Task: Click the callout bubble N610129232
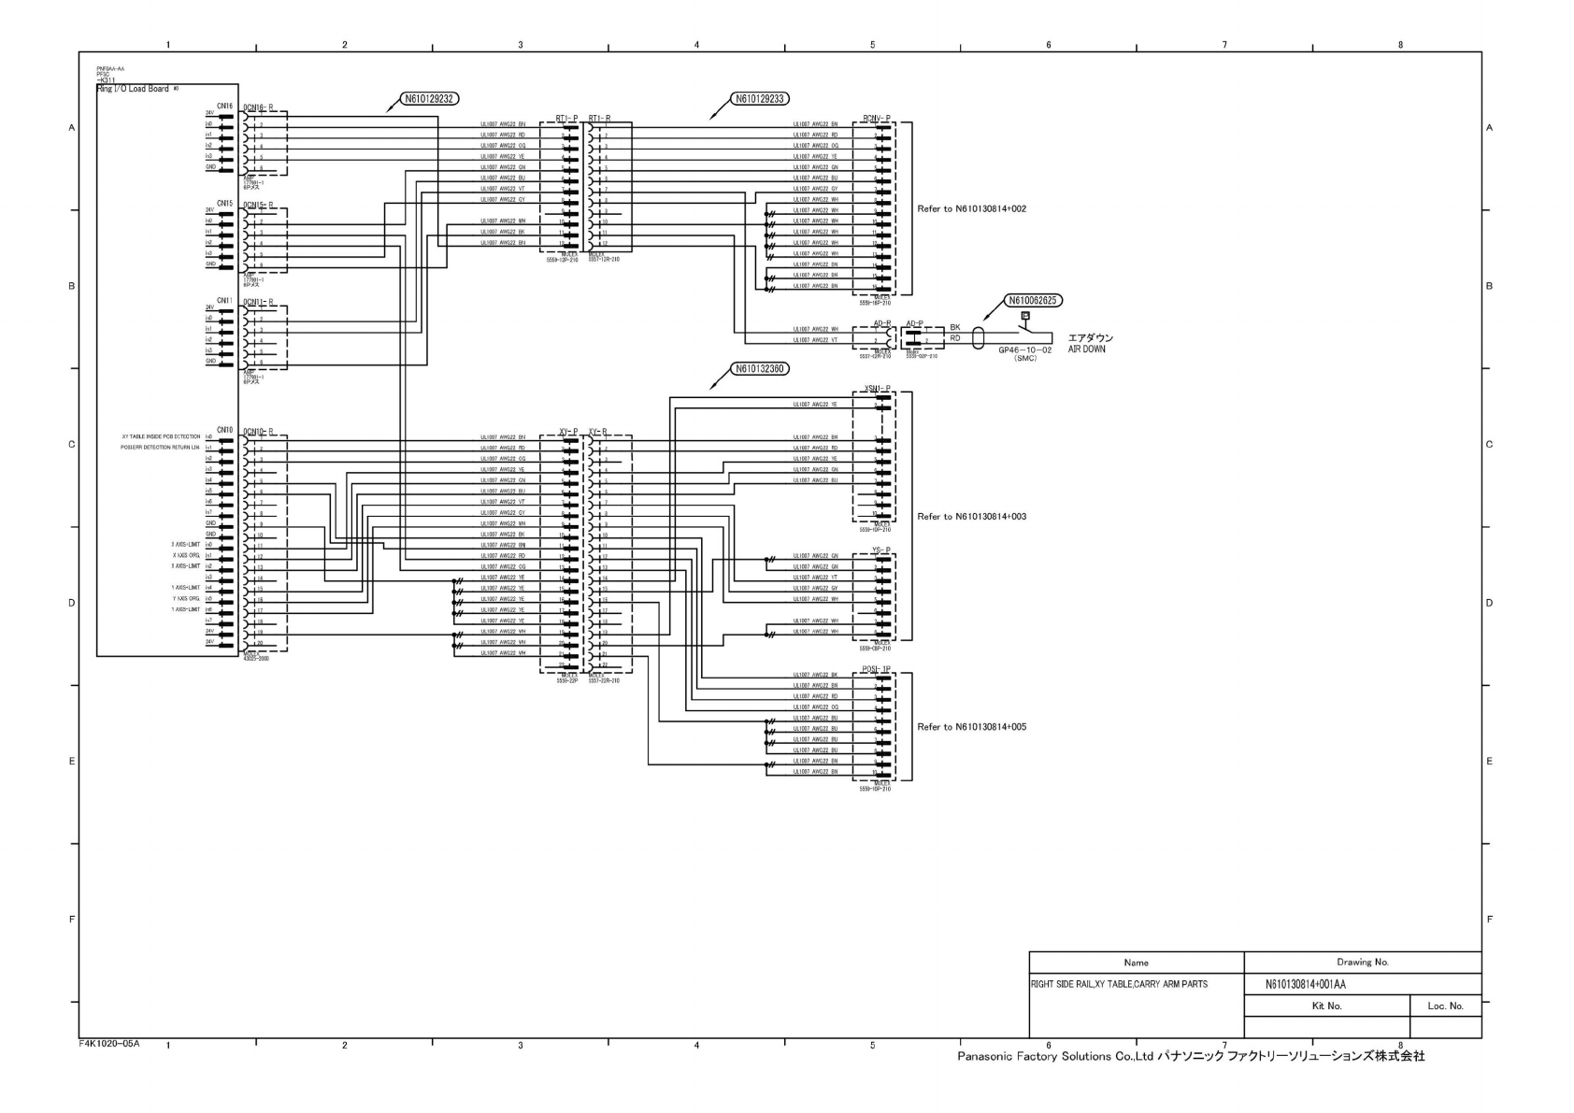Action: pyautogui.click(x=430, y=98)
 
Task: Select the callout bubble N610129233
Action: pyautogui.click(x=760, y=98)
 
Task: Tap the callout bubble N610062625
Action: pyautogui.click(x=1033, y=301)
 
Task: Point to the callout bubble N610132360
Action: pyautogui.click(x=760, y=369)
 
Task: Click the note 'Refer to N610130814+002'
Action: pyautogui.click(x=971, y=209)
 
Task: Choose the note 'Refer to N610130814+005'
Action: pyautogui.click(x=971, y=727)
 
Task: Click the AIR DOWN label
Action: pyautogui.click(x=1086, y=350)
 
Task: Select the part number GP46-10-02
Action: pyautogui.click(x=1024, y=350)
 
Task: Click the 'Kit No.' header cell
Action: pyautogui.click(x=1326, y=1006)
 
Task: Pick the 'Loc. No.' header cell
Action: pyautogui.click(x=1445, y=1006)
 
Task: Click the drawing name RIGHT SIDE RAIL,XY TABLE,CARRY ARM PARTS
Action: pyautogui.click(x=1119, y=984)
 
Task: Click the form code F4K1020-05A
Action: pyautogui.click(x=109, y=1043)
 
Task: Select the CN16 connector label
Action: pyautogui.click(x=224, y=107)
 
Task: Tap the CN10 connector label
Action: pyautogui.click(x=224, y=430)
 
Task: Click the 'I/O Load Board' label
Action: pyautogui.click(x=137, y=89)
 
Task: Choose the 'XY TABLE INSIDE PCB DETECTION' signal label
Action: pyautogui.click(x=161, y=436)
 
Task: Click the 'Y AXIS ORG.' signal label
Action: pyautogui.click(x=186, y=599)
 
